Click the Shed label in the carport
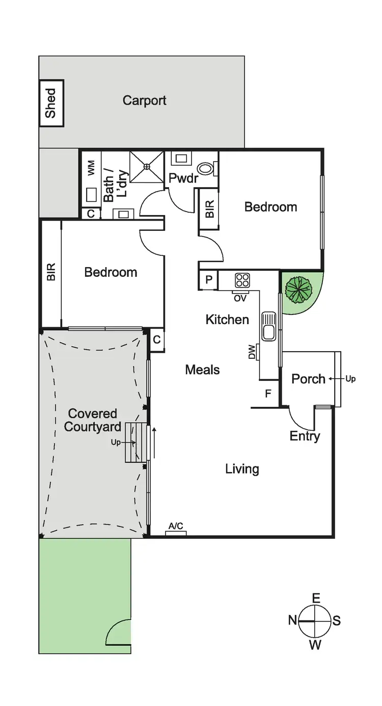pyautogui.click(x=51, y=103)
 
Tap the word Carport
pyautogui.click(x=144, y=100)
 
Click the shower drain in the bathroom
pyautogui.click(x=147, y=166)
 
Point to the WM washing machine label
pyautogui.click(x=91, y=168)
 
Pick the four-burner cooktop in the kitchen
pyautogui.click(x=242, y=280)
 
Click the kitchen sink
pyautogui.click(x=268, y=327)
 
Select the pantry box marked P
pyautogui.click(x=209, y=280)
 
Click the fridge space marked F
pyautogui.click(x=268, y=393)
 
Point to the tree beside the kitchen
pyautogui.click(x=298, y=291)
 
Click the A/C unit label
pyautogui.click(x=176, y=526)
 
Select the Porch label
pyautogui.click(x=308, y=379)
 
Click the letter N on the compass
pyautogui.click(x=292, y=620)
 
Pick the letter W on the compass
pyautogui.click(x=315, y=645)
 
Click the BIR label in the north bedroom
pyautogui.click(x=51, y=272)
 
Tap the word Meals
pyautogui.click(x=202, y=370)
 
